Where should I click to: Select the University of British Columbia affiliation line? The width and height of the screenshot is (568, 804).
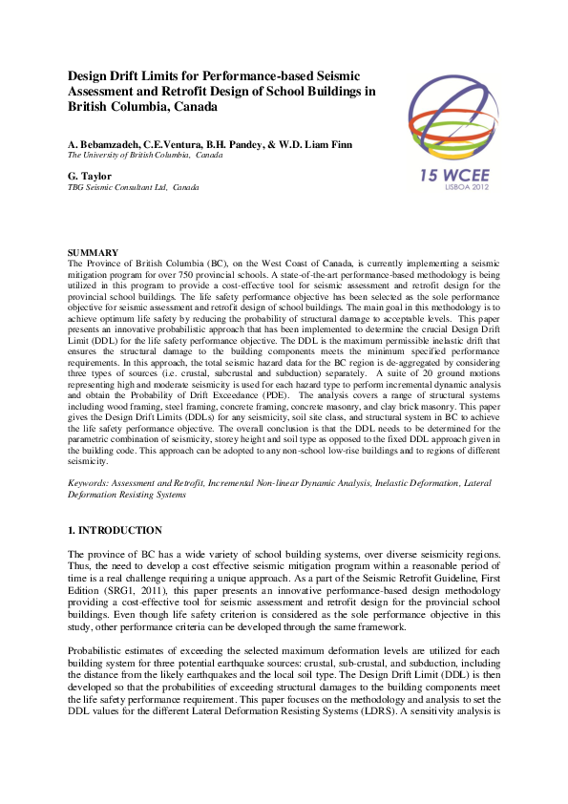pyautogui.click(x=144, y=154)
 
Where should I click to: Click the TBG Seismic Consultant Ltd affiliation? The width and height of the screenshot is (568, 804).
pyautogui.click(x=133, y=187)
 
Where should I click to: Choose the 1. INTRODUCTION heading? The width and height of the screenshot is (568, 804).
pyautogui.click(x=115, y=530)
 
